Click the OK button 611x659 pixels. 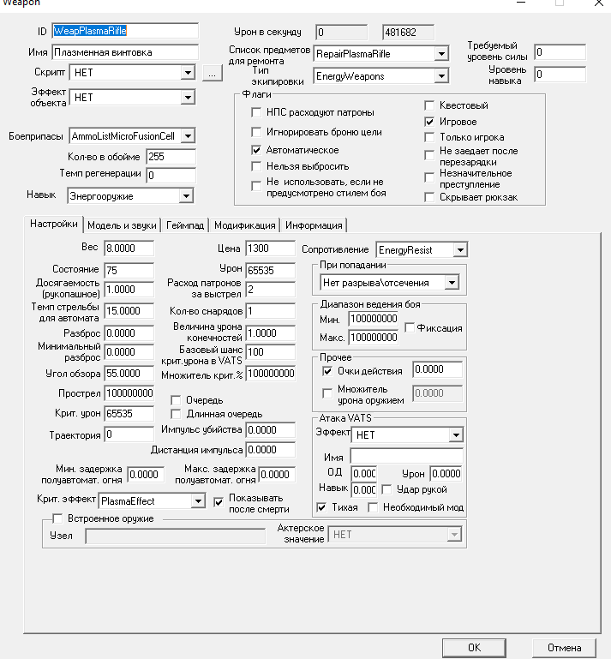473,646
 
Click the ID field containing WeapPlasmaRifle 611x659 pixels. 125,31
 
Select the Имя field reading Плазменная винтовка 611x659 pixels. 125,52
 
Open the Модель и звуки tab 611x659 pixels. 122,225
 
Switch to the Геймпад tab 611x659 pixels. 186,225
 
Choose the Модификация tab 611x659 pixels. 244,225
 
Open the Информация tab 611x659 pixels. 313,225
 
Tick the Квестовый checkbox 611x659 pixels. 430,105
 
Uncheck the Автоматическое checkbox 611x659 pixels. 256,149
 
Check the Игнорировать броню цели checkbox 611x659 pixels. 256,132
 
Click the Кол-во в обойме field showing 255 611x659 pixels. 171,157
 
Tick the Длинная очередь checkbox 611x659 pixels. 177,414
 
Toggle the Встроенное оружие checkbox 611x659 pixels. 58,518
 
